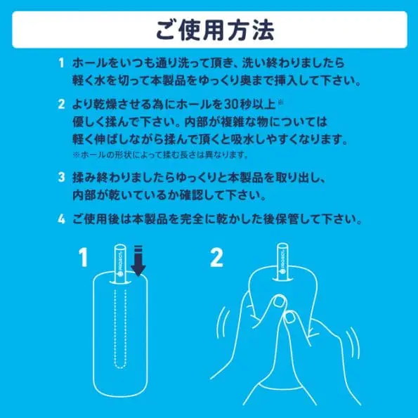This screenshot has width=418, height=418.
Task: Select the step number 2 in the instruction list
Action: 62,105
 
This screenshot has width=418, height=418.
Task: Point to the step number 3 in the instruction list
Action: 62,173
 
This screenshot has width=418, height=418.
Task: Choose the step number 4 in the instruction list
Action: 62,220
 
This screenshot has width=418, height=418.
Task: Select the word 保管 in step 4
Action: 283,220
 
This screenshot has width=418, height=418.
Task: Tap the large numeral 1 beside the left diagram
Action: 84,259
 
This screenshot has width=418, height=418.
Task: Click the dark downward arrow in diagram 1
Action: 139,260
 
